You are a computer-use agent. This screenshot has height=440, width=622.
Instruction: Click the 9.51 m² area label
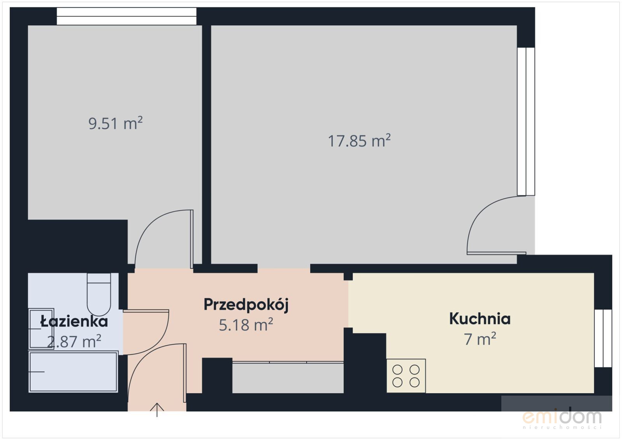tap(116, 123)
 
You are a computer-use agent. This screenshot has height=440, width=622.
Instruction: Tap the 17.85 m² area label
tap(359, 141)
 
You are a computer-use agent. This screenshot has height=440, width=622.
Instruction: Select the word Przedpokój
tap(246, 305)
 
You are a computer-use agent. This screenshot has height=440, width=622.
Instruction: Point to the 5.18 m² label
tap(246, 325)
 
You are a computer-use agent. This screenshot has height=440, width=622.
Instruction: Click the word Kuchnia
tap(480, 319)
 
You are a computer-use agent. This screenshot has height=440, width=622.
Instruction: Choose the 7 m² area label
tap(480, 339)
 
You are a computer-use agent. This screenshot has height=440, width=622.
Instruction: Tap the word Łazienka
tap(74, 321)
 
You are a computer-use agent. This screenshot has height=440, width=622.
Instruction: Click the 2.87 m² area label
tap(74, 342)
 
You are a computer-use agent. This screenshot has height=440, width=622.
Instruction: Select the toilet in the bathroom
tap(99, 294)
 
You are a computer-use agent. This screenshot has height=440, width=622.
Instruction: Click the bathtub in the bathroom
tap(73, 372)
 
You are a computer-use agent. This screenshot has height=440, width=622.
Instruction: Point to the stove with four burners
tap(406, 376)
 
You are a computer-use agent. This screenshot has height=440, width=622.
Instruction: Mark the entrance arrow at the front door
tap(157, 410)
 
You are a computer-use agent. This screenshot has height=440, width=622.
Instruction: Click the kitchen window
tap(603, 338)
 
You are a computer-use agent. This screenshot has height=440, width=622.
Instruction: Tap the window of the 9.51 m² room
tap(127, 16)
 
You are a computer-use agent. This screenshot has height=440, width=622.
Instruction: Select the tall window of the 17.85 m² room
tap(526, 121)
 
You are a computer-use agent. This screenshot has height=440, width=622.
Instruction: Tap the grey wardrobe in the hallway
tap(288, 377)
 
